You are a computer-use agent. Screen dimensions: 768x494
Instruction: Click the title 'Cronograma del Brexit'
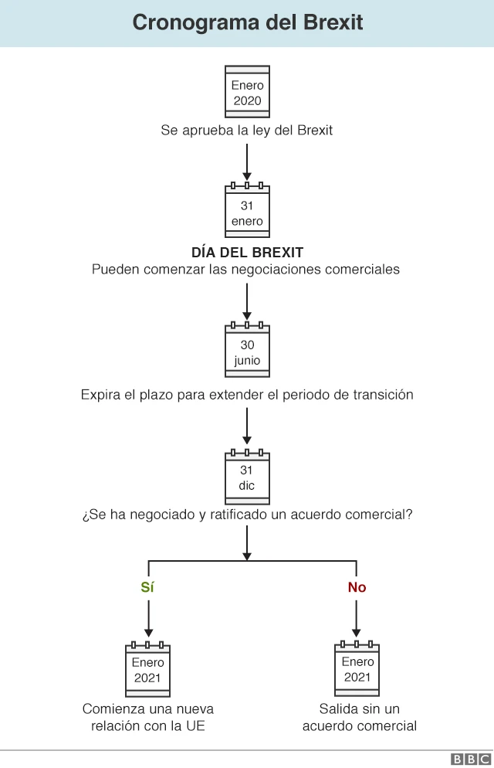[247, 22]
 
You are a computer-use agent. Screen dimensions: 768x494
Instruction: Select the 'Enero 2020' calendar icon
[247, 92]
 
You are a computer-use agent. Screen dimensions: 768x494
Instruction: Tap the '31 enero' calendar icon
[247, 211]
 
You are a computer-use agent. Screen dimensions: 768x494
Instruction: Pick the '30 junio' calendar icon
[247, 350]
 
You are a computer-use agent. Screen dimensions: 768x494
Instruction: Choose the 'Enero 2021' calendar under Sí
[147, 668]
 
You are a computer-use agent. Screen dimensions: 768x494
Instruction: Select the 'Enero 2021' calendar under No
[357, 668]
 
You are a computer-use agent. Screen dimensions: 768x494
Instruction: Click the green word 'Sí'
[147, 587]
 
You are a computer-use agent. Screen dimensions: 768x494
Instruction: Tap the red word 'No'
[357, 587]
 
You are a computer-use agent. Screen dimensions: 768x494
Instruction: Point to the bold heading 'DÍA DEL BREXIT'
[247, 253]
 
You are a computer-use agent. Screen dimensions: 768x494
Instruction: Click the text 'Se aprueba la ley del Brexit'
[247, 131]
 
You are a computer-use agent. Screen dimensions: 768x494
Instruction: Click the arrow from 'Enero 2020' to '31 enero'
[247, 161]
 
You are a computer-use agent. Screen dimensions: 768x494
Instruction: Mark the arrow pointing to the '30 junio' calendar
[247, 301]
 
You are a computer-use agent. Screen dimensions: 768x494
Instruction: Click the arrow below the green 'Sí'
[147, 618]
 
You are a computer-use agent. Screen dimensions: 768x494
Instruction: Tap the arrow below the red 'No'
[357, 618]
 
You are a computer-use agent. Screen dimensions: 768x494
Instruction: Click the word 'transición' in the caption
[382, 395]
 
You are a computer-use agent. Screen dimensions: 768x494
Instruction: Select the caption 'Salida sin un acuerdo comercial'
[359, 718]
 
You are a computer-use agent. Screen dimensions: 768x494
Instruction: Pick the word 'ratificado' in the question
[239, 515]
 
